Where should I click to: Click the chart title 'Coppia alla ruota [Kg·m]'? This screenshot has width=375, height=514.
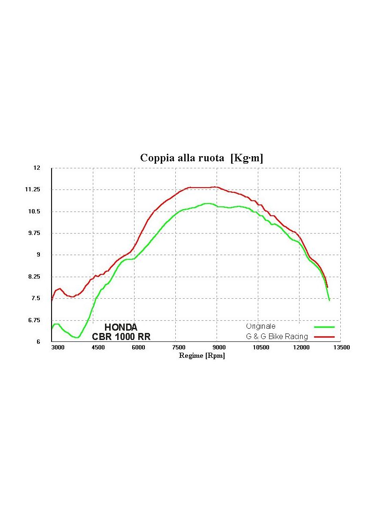(202, 158)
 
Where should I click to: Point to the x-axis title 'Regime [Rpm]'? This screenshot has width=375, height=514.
(202, 355)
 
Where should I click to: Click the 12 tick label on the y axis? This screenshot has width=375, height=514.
(37, 168)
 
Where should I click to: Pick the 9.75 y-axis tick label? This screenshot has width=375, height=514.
(35, 233)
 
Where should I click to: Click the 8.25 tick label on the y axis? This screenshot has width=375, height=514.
(35, 277)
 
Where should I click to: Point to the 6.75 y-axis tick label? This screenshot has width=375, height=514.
(35, 320)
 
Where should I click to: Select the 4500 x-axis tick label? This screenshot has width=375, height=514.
(98, 348)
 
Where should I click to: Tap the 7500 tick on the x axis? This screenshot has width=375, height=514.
(179, 348)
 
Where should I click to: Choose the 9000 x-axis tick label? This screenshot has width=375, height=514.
(220, 348)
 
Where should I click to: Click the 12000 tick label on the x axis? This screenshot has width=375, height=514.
(301, 348)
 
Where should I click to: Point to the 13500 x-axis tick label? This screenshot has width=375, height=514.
(342, 348)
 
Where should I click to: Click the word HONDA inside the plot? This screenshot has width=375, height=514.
(120, 327)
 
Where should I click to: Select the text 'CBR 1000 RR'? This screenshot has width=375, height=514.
(121, 337)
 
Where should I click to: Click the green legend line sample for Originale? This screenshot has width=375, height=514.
(324, 326)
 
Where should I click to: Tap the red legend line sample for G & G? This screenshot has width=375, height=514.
(324, 337)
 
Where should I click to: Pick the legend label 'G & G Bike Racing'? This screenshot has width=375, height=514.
(277, 337)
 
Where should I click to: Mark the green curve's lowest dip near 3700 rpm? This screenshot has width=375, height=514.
(76, 337)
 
